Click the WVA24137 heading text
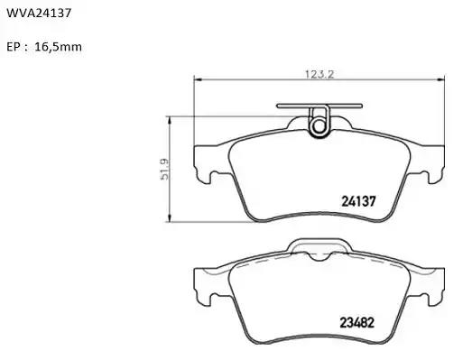(x=39, y=13)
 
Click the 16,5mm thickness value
(x=59, y=47)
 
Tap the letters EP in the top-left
(x=14, y=47)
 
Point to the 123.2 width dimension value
(x=319, y=74)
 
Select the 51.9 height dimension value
(x=164, y=170)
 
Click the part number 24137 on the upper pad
(x=358, y=201)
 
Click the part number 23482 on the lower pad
(x=357, y=323)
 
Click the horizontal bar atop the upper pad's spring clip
(x=319, y=106)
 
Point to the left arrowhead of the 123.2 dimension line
(x=197, y=79)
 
